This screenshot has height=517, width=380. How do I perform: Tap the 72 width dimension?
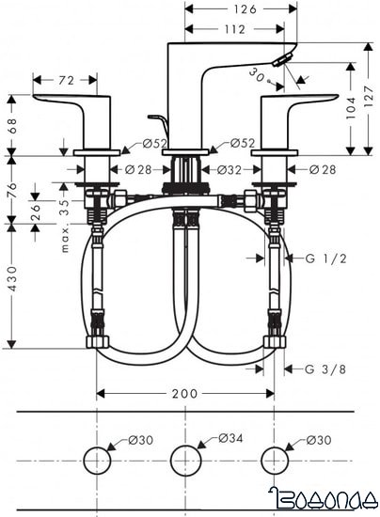click(x=66, y=81)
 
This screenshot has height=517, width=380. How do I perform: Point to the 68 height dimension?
click(x=11, y=124)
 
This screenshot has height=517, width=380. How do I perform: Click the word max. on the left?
click(x=65, y=241)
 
